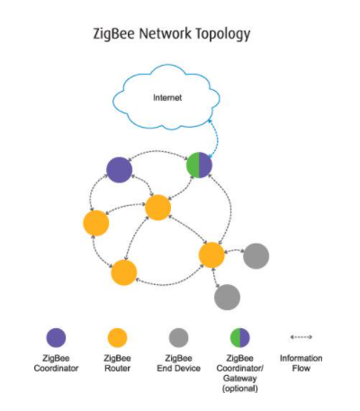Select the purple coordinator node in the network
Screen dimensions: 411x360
tap(119, 168)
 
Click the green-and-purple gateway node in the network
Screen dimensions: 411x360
tap(199, 165)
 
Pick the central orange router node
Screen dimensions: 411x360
tap(157, 208)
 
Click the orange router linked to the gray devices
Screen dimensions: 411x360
tap(211, 255)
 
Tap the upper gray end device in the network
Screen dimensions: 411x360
tap(256, 255)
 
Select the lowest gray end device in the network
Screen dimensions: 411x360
tap(227, 296)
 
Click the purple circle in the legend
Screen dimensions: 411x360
tap(56, 337)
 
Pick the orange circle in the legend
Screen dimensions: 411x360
tap(117, 337)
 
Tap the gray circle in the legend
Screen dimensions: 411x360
tap(177, 337)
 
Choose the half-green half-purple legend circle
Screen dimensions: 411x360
tap(239, 337)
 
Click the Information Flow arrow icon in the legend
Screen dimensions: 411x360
tap(301, 337)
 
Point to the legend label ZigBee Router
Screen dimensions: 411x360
tap(117, 362)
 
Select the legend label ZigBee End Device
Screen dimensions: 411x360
tap(177, 362)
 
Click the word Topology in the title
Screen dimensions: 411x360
tap(220, 34)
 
